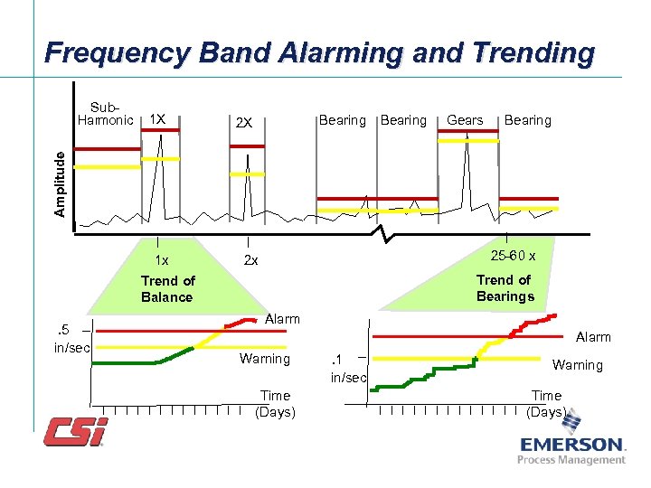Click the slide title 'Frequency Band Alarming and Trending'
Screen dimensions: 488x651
(x=319, y=53)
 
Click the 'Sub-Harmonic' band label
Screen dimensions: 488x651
(x=104, y=113)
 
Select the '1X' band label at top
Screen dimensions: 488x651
(x=156, y=119)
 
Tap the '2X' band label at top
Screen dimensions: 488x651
(x=244, y=123)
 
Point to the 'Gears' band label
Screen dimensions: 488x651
(x=465, y=120)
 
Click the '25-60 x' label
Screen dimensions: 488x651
(x=513, y=256)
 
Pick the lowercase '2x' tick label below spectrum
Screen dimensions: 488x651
(x=250, y=260)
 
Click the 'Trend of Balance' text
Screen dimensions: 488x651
(x=167, y=288)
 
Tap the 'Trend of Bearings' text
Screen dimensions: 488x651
(x=505, y=287)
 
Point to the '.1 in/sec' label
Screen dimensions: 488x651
(x=348, y=368)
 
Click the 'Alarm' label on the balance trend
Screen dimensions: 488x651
(x=282, y=318)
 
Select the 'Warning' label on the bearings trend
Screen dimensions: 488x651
(x=577, y=365)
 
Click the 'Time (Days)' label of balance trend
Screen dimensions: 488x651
(x=275, y=403)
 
